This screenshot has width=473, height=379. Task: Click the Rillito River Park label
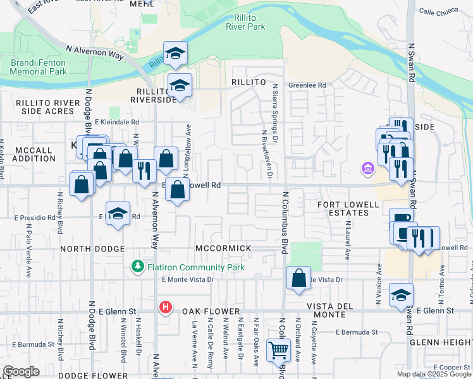pyautogui.click(x=246, y=22)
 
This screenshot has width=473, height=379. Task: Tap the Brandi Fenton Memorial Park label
pyautogui.click(x=39, y=68)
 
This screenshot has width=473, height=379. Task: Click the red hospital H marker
pyautogui.click(x=165, y=308)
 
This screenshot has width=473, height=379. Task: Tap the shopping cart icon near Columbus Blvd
pyautogui.click(x=278, y=349)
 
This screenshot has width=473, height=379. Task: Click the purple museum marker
pyautogui.click(x=367, y=168)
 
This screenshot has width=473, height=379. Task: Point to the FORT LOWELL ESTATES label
pyautogui.click(x=348, y=208)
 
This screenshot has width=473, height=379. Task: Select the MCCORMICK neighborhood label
pyautogui.click(x=223, y=248)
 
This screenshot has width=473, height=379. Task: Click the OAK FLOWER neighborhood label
pyautogui.click(x=211, y=312)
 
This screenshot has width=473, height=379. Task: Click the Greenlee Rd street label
pyautogui.click(x=307, y=85)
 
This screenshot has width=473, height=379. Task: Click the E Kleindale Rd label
pyautogui.click(x=116, y=122)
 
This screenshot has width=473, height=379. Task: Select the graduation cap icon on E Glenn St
pyautogui.click(x=401, y=295)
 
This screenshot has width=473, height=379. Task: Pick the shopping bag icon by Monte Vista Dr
pyautogui.click(x=298, y=278)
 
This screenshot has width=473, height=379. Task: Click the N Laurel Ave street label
pyautogui.click(x=348, y=245)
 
